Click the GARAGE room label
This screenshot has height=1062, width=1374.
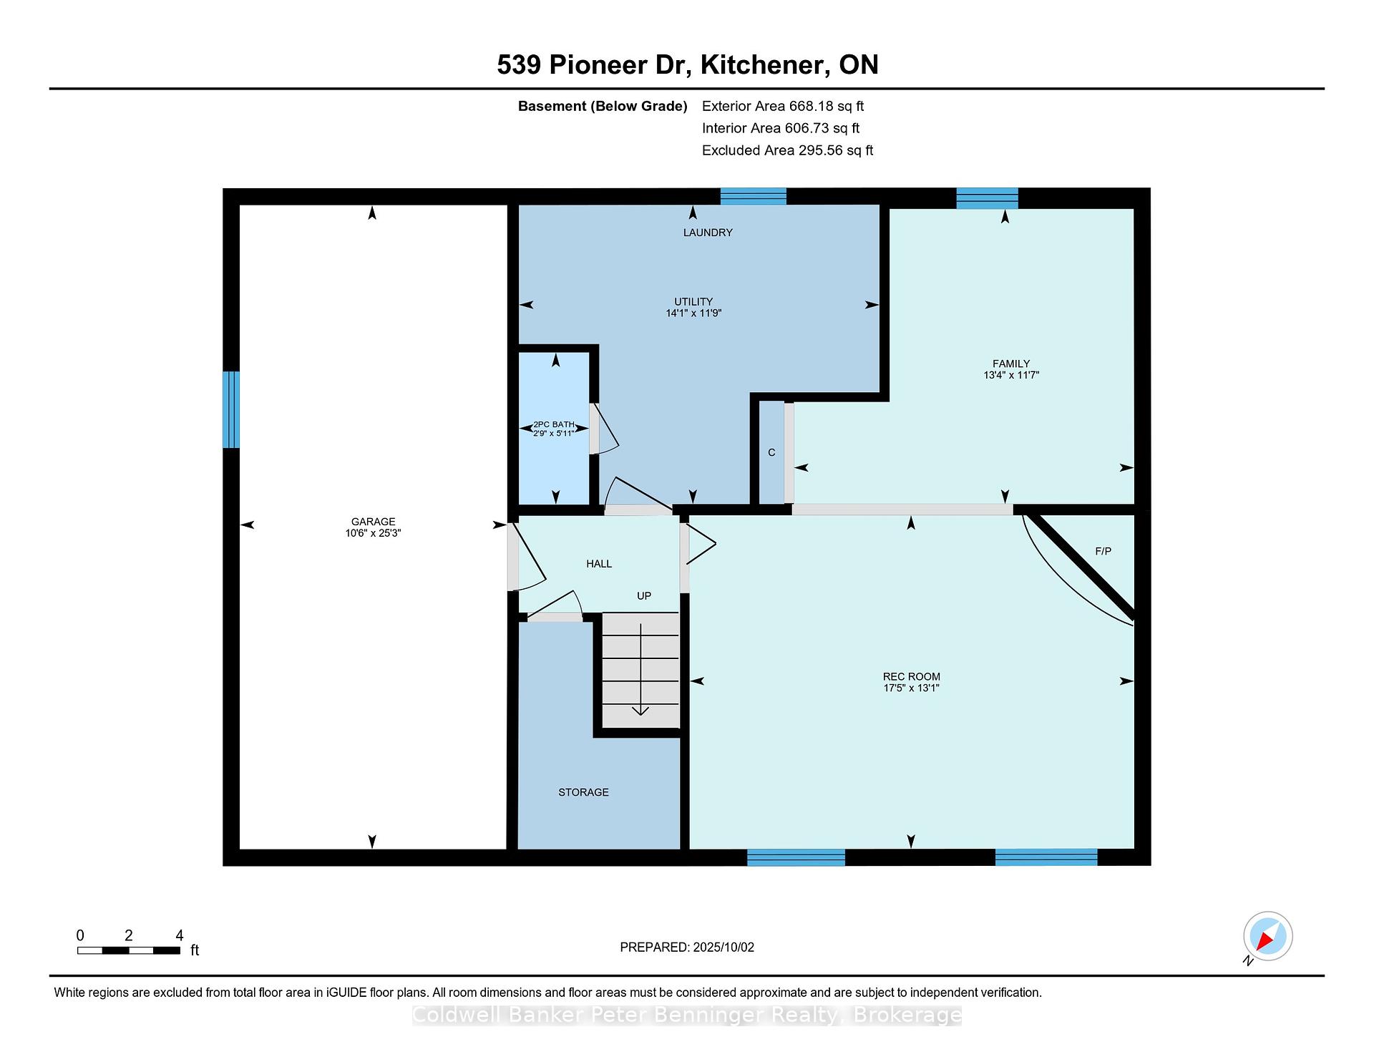(373, 522)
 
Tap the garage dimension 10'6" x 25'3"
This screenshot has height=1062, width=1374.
(373, 533)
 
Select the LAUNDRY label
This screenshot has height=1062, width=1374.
(708, 233)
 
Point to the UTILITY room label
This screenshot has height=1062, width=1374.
(693, 301)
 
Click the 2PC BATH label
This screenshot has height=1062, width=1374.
(554, 424)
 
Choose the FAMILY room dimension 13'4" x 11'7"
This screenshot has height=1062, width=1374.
(1011, 374)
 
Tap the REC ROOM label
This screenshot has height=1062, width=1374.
(911, 676)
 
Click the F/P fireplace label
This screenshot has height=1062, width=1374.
(1103, 551)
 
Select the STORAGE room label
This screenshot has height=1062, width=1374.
(583, 792)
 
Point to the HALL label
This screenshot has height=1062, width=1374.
(599, 564)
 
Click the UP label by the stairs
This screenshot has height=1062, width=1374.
(644, 595)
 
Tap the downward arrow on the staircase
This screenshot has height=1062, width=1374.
(640, 670)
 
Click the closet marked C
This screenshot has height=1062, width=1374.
(771, 452)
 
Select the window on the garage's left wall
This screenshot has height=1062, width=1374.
(230, 409)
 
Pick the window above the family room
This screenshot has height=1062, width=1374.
(987, 198)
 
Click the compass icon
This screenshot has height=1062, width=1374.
(1267, 937)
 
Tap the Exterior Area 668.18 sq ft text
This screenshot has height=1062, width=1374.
(783, 106)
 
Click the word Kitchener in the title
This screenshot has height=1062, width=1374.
(761, 65)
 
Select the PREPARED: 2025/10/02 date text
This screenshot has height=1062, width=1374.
(687, 947)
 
